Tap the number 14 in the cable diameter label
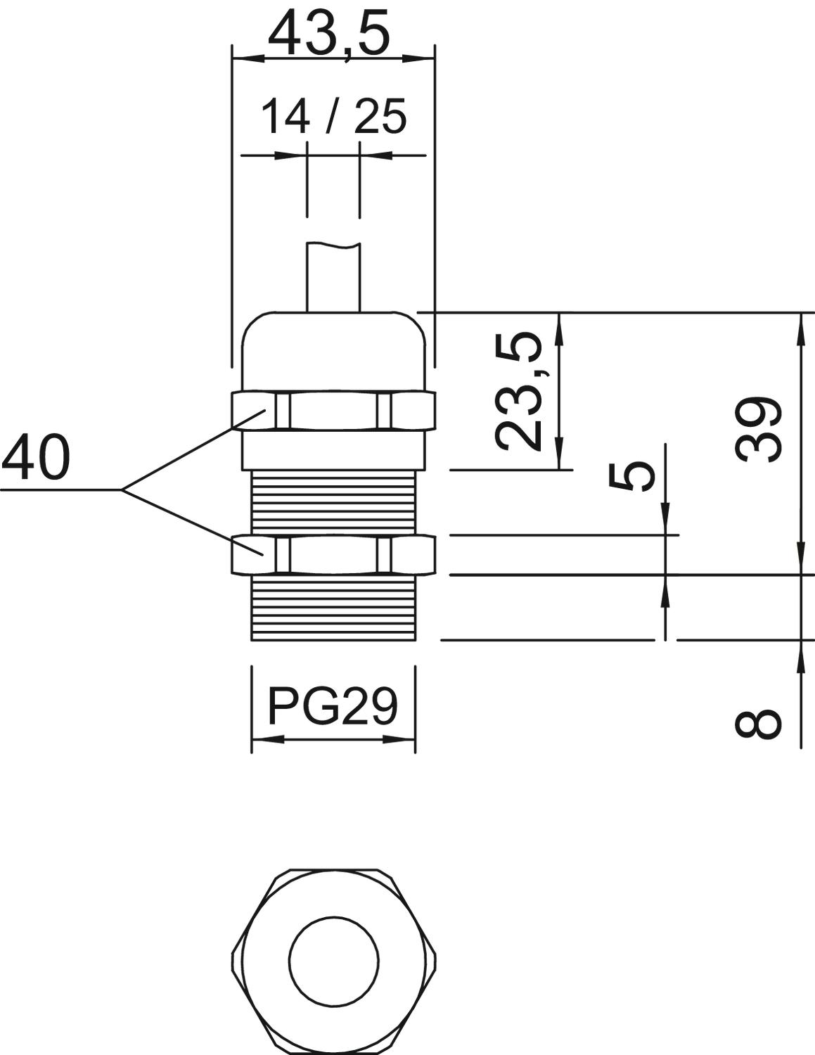point(285,117)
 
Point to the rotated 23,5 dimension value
point(518,392)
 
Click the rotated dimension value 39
point(758,429)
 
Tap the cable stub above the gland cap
point(333,276)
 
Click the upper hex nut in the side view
point(333,411)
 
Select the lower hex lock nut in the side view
point(333,554)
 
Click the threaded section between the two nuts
point(334,502)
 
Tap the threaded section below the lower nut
point(334,608)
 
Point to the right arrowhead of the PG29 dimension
point(399,740)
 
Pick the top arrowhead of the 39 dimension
point(800,329)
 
